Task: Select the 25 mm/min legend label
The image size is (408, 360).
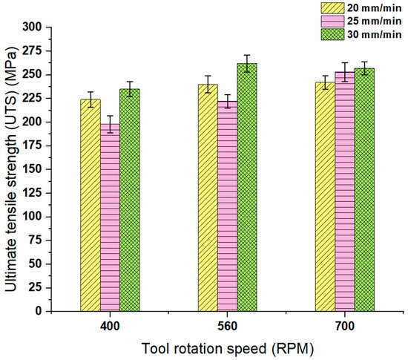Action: click(x=361, y=21)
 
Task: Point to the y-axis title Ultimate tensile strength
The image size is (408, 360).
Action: click(x=14, y=169)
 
